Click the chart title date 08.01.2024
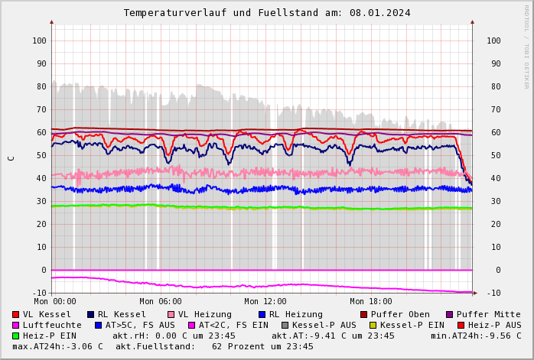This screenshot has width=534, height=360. point(381,13)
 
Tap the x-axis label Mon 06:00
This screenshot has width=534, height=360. point(161,302)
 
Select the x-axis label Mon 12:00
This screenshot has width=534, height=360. point(265,302)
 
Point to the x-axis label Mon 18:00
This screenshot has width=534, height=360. point(371,302)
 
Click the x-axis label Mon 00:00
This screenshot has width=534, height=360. point(55,302)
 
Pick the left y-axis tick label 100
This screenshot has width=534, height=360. point(38,41)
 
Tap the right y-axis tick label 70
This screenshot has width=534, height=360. point(493,109)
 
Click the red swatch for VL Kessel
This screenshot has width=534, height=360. point(15,315)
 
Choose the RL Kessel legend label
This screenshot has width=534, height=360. point(122,314)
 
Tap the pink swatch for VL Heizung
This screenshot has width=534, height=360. point(171,315)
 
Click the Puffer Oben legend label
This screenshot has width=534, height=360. point(399,314)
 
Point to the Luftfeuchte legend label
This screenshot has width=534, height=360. point(52,325)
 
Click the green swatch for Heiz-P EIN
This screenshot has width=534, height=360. point(15,336)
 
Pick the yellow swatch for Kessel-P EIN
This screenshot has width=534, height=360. point(373,326)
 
